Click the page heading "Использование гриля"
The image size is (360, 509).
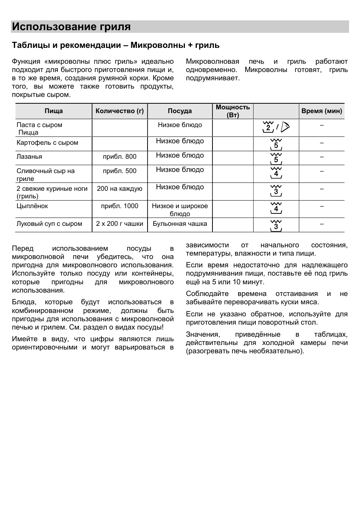[x=71, y=27]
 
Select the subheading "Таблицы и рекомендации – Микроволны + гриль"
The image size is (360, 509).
[x=115, y=45]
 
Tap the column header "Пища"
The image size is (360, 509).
[x=54, y=111]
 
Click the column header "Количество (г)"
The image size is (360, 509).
[x=120, y=111]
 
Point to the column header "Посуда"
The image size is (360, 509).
[x=180, y=111]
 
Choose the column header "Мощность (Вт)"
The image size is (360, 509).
[x=232, y=111]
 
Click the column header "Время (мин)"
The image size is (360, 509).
[x=322, y=111]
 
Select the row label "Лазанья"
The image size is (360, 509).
[x=29, y=156]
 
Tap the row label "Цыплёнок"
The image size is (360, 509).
[x=32, y=206]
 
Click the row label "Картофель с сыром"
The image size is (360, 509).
[x=47, y=143]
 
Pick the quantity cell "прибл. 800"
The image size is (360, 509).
[x=120, y=156]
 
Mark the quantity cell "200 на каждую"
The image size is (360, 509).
[x=120, y=189]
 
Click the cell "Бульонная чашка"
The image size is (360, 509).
[x=180, y=224]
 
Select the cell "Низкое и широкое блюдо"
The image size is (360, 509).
[x=180, y=210]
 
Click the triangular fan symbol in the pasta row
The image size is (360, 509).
[x=285, y=127]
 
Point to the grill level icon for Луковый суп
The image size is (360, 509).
[x=276, y=225]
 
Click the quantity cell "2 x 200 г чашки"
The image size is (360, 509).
[x=120, y=224]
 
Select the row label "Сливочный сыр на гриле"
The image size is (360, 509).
[x=45, y=175]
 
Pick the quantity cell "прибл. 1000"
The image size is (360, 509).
[x=120, y=206]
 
